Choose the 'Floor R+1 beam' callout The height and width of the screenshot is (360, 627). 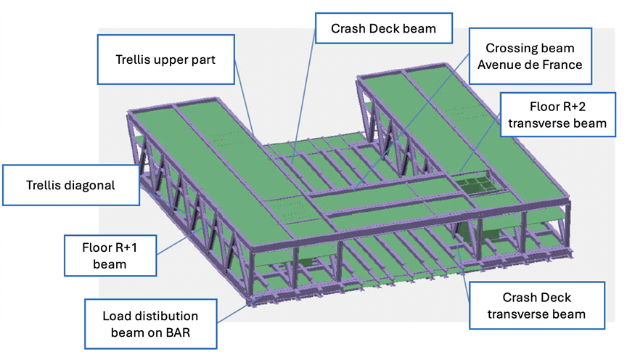pyautogui.click(x=110, y=255)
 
